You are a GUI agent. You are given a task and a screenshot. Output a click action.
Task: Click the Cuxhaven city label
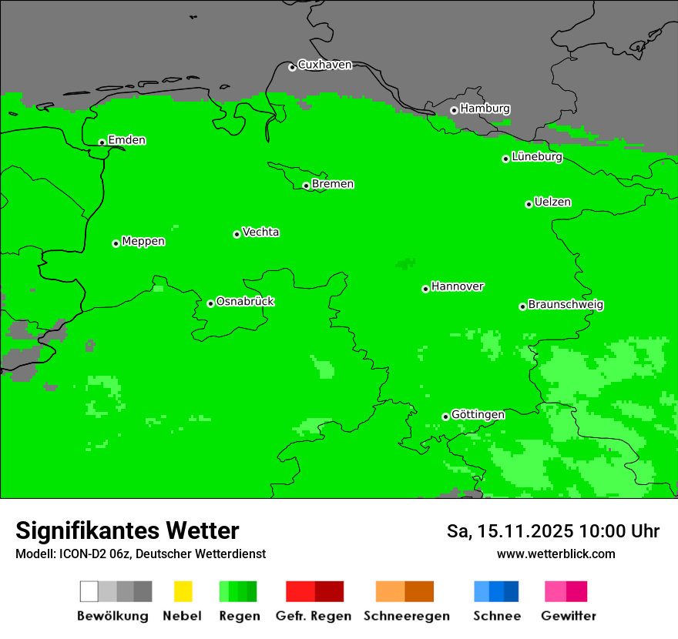point(324,65)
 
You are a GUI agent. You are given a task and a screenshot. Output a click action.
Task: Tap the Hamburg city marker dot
point(454,110)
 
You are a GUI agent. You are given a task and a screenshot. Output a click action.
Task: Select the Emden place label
point(126,140)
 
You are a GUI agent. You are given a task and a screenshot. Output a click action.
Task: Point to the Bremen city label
point(333,184)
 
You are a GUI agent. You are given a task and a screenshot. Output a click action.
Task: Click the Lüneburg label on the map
point(537,157)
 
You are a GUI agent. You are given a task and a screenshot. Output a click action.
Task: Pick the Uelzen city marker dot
point(529,204)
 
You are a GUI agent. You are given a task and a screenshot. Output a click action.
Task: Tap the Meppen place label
point(143,242)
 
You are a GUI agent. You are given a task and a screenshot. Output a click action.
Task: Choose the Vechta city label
point(260,233)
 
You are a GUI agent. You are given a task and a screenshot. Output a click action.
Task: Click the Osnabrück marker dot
point(210,303)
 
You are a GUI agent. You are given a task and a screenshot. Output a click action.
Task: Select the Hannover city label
point(458,286)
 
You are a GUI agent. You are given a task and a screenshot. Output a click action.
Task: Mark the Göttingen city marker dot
point(445,417)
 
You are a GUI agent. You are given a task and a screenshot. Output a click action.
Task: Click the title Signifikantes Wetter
point(127,531)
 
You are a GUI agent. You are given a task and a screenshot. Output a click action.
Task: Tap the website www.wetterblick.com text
point(555,554)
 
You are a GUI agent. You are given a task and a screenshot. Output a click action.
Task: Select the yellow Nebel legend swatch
point(183,591)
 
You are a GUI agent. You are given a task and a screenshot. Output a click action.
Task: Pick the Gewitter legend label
point(568,616)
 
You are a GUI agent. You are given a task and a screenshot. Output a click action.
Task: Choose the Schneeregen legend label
point(406,616)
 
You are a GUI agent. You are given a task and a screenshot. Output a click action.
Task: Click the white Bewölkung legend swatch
point(89,591)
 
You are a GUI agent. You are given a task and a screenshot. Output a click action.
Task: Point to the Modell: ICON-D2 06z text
point(73,554)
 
